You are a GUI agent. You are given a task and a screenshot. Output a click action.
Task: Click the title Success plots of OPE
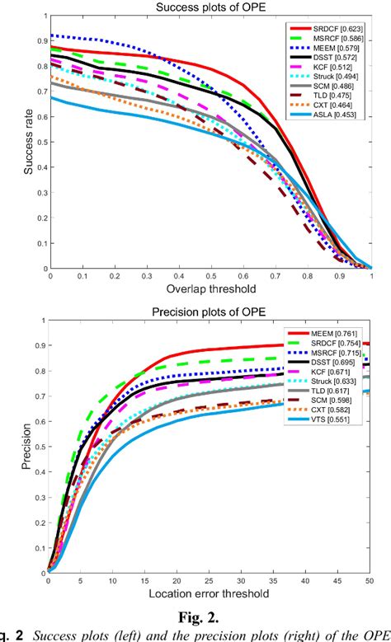210,8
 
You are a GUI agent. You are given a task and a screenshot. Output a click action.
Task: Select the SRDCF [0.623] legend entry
337,30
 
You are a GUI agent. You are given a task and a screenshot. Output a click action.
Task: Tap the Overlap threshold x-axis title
210,288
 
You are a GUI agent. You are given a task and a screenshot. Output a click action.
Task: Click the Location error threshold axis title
210,593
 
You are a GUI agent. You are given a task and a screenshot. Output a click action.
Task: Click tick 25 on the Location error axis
210,582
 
